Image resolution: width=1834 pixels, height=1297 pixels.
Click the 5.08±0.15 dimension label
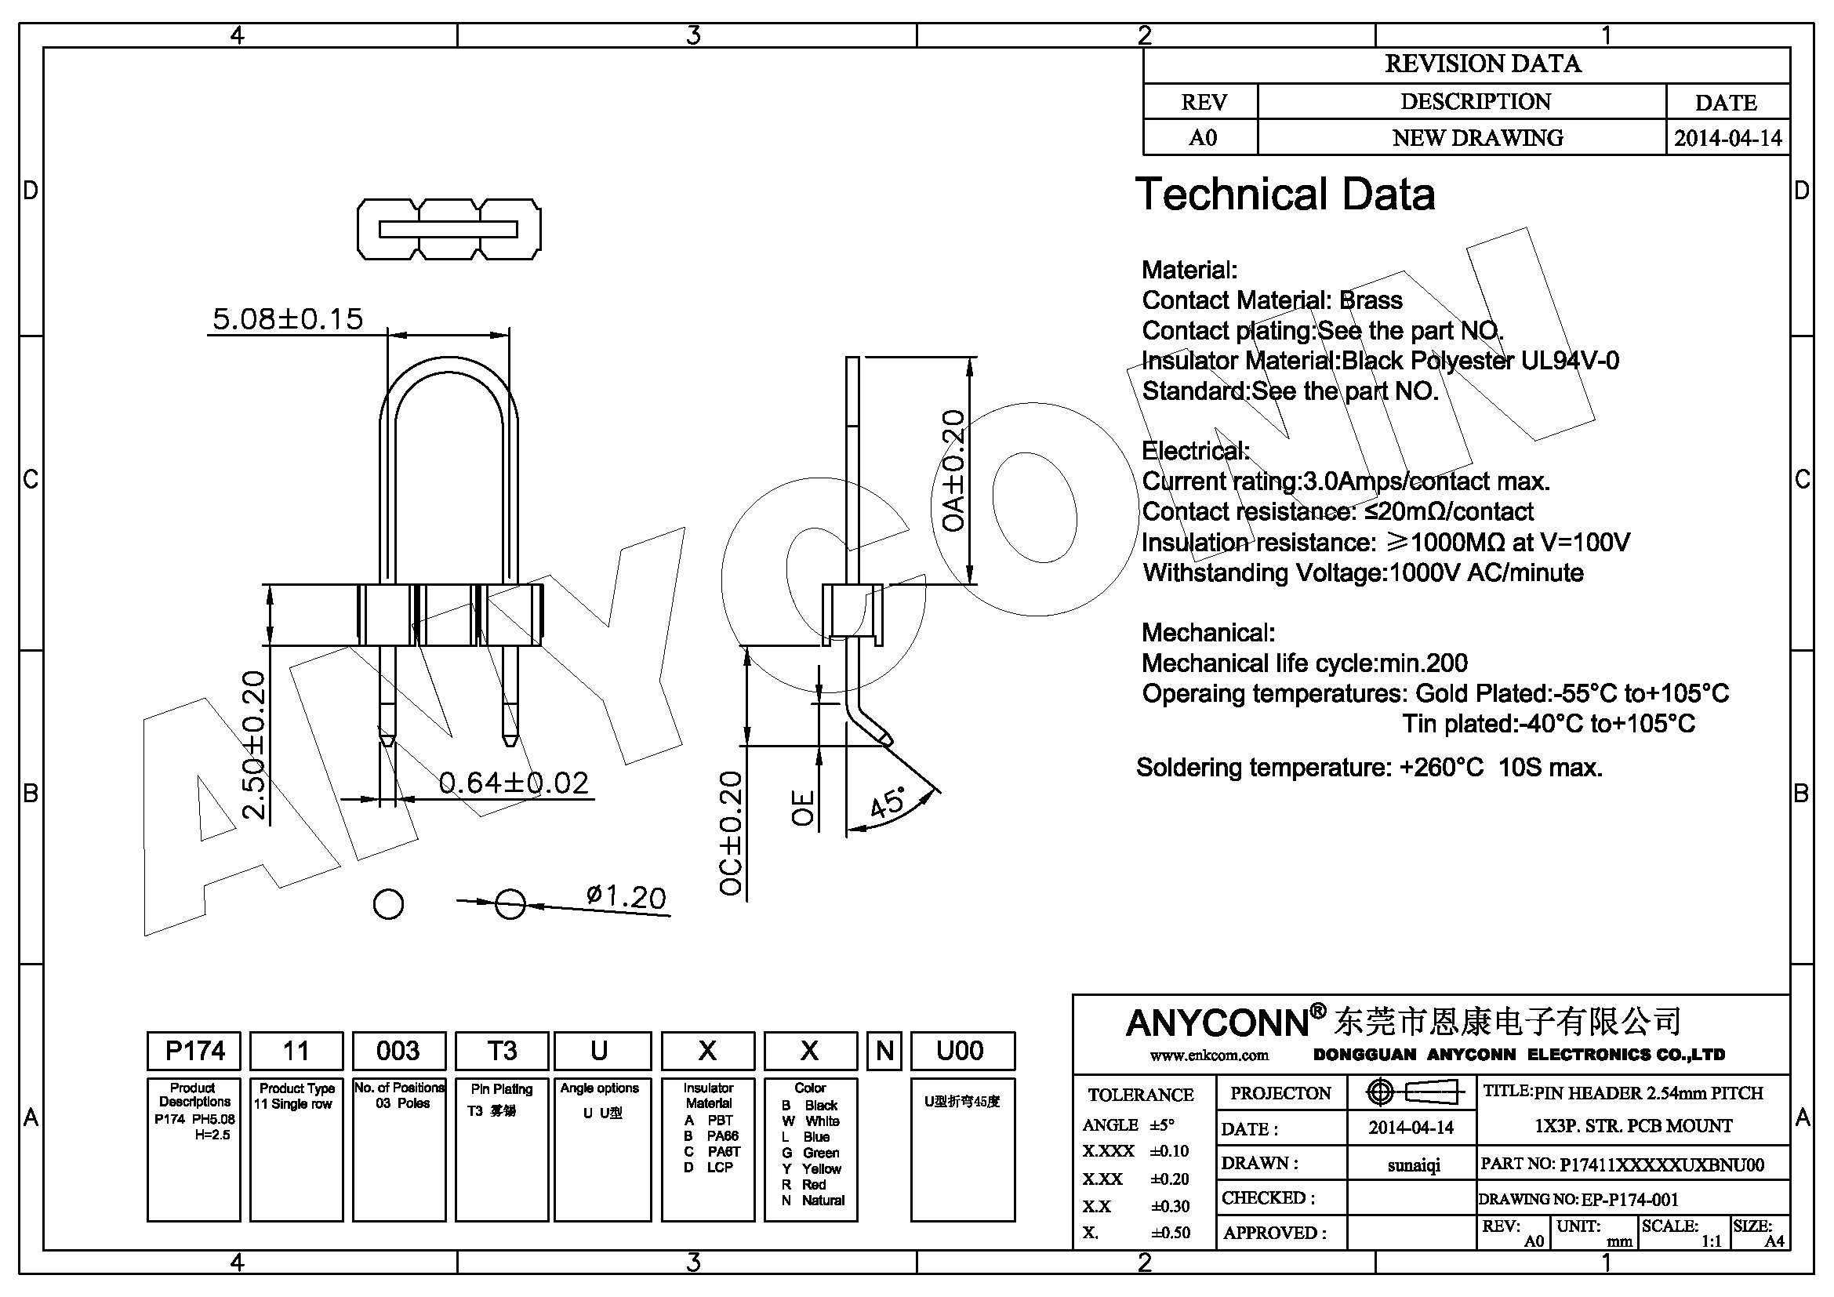point(288,318)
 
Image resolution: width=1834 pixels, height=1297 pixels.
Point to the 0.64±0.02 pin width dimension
point(514,783)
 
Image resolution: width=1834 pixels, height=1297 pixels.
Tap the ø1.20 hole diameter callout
point(626,897)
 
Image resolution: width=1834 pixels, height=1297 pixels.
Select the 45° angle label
point(888,802)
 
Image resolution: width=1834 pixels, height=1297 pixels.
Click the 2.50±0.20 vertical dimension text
point(253,745)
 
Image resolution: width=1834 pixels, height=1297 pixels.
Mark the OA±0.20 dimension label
point(953,471)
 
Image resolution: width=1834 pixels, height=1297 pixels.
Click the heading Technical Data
point(1284,194)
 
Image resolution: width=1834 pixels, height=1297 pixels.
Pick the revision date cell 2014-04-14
point(1727,138)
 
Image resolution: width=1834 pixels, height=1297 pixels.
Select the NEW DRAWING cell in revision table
point(1477,138)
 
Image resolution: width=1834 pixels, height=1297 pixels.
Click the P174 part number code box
point(194,1051)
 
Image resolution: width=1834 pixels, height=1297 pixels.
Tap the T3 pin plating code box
point(502,1051)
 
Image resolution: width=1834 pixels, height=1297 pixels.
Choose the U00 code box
point(962,1051)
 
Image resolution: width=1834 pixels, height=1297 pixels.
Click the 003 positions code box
point(398,1051)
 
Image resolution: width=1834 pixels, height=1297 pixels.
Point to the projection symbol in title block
point(1411,1092)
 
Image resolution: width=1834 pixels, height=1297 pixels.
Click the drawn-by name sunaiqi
point(1413,1165)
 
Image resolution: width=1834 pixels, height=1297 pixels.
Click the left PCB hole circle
point(389,905)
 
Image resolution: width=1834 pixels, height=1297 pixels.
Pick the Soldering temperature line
point(1369,768)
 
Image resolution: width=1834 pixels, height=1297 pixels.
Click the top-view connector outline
point(449,229)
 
